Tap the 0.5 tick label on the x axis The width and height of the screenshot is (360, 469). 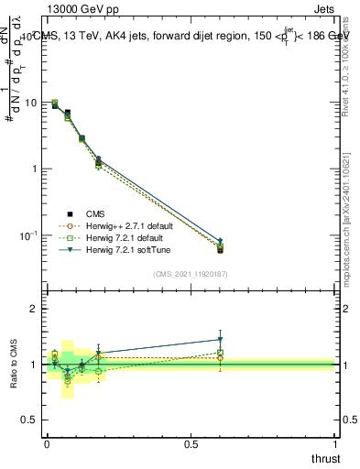[191, 443]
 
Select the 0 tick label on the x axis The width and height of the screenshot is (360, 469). [47, 443]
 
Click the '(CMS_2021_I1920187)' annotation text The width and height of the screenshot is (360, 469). [191, 274]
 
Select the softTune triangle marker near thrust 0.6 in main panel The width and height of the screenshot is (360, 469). [220, 240]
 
